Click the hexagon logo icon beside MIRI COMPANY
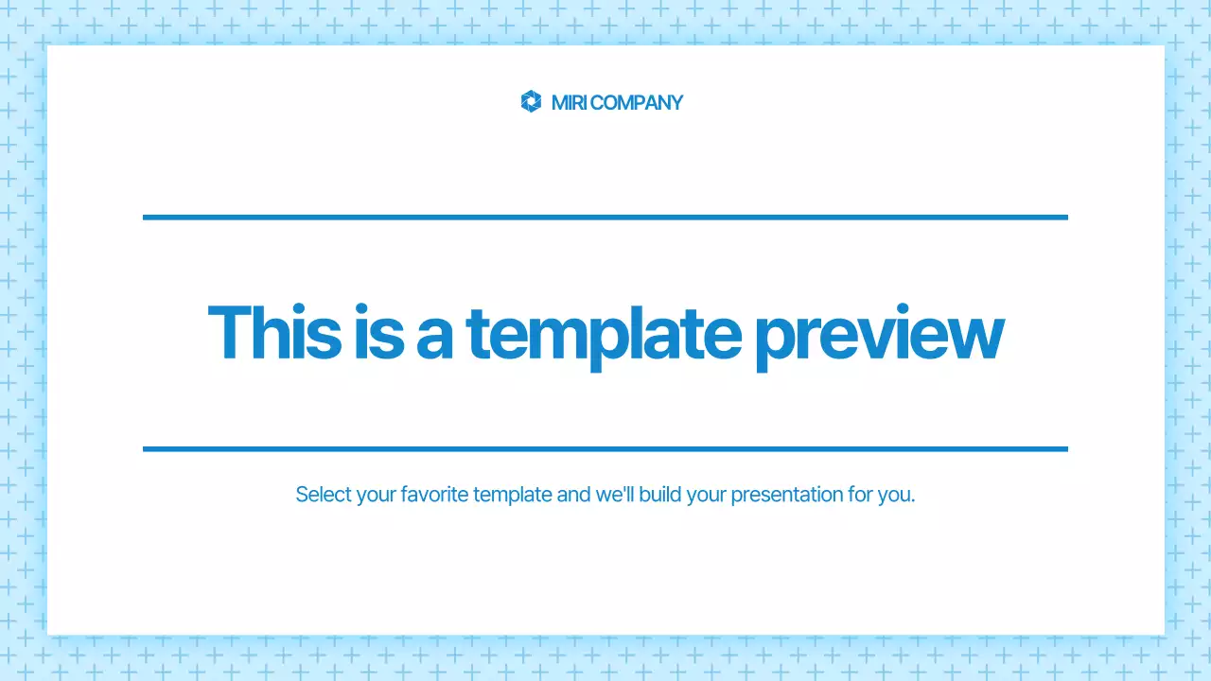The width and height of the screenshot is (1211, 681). pos(531,102)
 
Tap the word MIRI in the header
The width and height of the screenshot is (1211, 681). pos(569,103)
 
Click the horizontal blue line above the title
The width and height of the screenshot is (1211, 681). pos(605,218)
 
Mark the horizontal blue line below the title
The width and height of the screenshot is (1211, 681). pos(605,449)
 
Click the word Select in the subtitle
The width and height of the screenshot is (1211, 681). pos(324,495)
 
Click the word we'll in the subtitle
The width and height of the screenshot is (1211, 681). pos(615,495)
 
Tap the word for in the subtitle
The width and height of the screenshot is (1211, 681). pos(861,495)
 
